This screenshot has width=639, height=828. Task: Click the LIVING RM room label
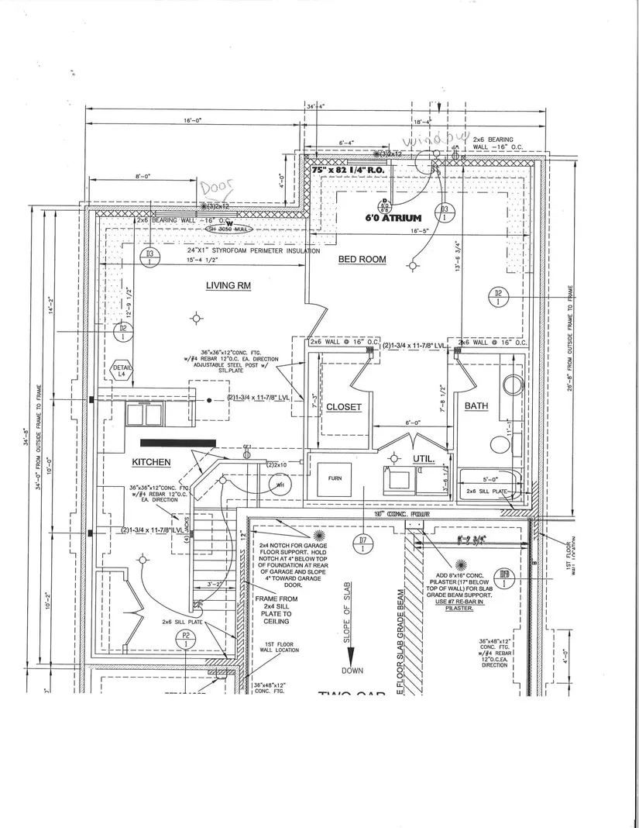pos(228,285)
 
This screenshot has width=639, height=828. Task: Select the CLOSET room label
pos(344,407)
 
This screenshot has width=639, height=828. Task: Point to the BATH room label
pos(476,406)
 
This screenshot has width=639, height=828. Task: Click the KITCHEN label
pos(151,462)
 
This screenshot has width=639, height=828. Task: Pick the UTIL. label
pos(423,459)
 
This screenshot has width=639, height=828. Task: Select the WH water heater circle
pos(279,485)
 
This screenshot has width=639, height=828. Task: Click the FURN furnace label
pos(335,478)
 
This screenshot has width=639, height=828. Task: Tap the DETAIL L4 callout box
pos(122,371)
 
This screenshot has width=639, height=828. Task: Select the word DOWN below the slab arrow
pos(352,671)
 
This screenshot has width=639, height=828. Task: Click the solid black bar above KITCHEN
pos(177,443)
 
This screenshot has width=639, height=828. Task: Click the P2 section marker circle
pos(187,640)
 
